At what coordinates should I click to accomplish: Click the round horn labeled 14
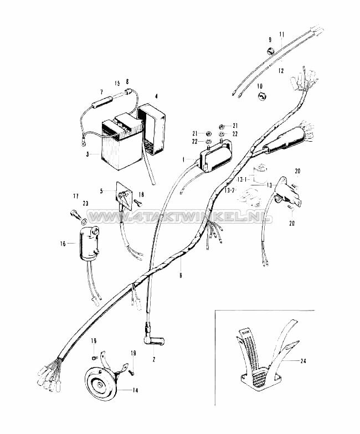tap(101, 381)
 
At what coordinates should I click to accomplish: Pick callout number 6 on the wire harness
tap(181, 275)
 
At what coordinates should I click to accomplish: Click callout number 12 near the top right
tap(281, 71)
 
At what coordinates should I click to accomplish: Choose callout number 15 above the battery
tap(117, 83)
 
